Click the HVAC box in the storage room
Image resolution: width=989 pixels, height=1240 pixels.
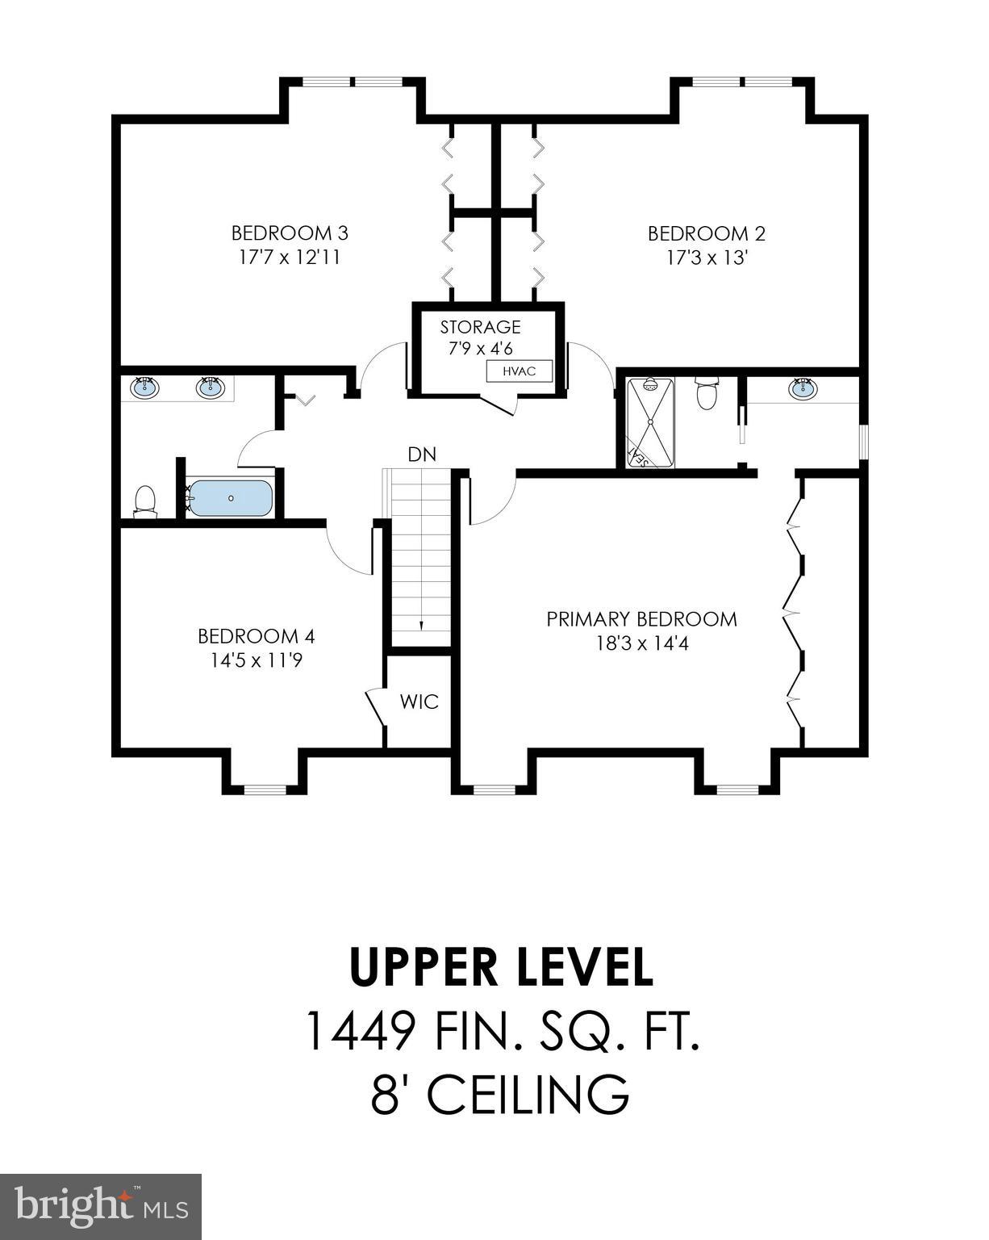pyautogui.click(x=520, y=371)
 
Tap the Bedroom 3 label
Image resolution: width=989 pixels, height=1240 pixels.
pyautogui.click(x=290, y=233)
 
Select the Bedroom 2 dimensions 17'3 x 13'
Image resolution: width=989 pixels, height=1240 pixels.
pyautogui.click(x=707, y=258)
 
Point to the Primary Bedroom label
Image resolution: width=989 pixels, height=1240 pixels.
pyautogui.click(x=641, y=619)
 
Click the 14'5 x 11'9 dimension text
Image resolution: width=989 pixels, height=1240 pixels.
pyautogui.click(x=257, y=660)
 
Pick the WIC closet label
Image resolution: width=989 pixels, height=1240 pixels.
pyautogui.click(x=419, y=702)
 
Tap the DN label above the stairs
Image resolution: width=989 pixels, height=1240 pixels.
pyautogui.click(x=422, y=455)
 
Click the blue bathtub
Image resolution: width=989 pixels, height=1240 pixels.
pyautogui.click(x=231, y=498)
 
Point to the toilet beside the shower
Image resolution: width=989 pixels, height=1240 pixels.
pyautogui.click(x=707, y=393)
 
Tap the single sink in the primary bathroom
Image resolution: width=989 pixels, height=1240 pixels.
pyautogui.click(x=803, y=389)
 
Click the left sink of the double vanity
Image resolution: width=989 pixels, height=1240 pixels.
pyautogui.click(x=145, y=387)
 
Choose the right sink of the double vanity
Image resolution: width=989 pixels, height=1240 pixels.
pyautogui.click(x=210, y=388)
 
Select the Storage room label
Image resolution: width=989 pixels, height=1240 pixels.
pyautogui.click(x=480, y=327)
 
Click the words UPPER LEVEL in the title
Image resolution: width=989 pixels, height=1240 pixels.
pyautogui.click(x=501, y=967)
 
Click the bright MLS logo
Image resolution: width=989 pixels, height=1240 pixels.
pyautogui.click(x=101, y=1207)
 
